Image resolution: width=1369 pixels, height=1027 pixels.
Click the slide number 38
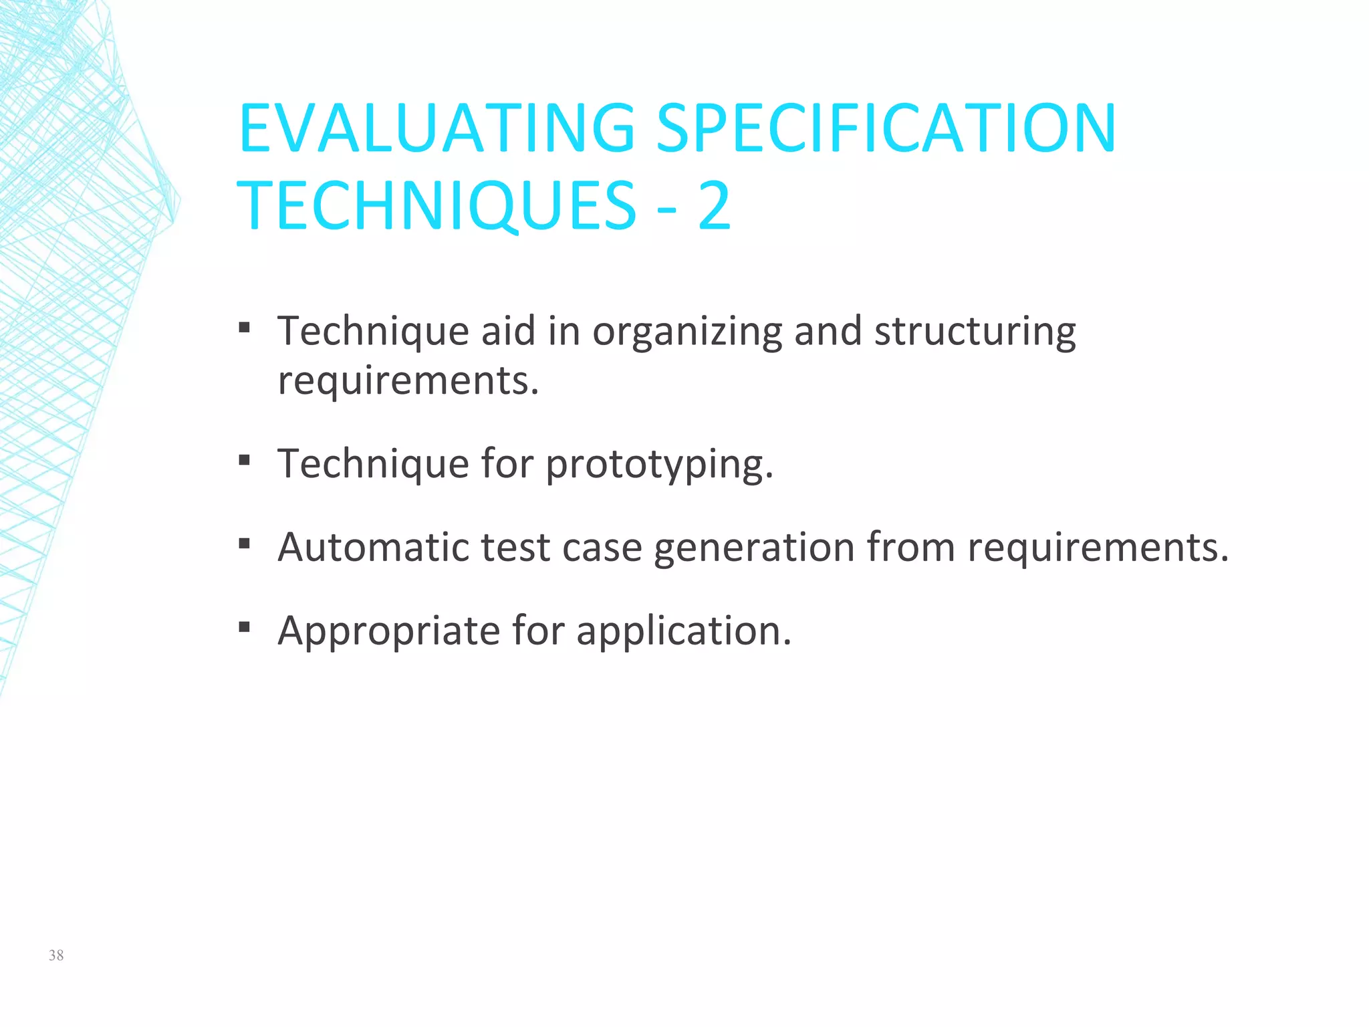[x=56, y=955]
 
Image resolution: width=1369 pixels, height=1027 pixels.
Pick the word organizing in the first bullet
[x=687, y=332]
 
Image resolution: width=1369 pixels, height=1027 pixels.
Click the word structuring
[x=975, y=332]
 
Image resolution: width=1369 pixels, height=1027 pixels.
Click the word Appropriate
[x=388, y=631]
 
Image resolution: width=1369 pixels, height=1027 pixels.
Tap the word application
[x=683, y=631]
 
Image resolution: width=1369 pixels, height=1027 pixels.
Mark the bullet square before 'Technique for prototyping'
[x=245, y=461]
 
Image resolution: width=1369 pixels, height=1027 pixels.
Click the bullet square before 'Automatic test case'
[x=245, y=544]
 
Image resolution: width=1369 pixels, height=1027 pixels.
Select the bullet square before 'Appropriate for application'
[x=245, y=627]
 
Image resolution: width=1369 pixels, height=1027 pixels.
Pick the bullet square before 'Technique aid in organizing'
[x=245, y=328]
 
